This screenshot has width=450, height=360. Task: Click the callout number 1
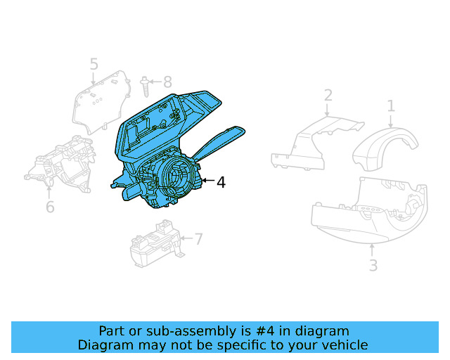click(x=391, y=106)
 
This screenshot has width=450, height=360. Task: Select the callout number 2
click(x=328, y=96)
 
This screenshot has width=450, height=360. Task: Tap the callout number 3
click(x=373, y=265)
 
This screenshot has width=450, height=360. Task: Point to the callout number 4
click(x=221, y=183)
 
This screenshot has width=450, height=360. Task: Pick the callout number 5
click(x=94, y=65)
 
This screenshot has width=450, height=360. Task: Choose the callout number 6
click(x=50, y=207)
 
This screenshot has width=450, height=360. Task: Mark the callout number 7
click(x=198, y=239)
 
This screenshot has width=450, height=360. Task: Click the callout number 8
click(x=167, y=82)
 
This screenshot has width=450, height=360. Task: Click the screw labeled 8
click(x=145, y=86)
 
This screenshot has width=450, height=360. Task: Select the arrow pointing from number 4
click(x=207, y=181)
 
